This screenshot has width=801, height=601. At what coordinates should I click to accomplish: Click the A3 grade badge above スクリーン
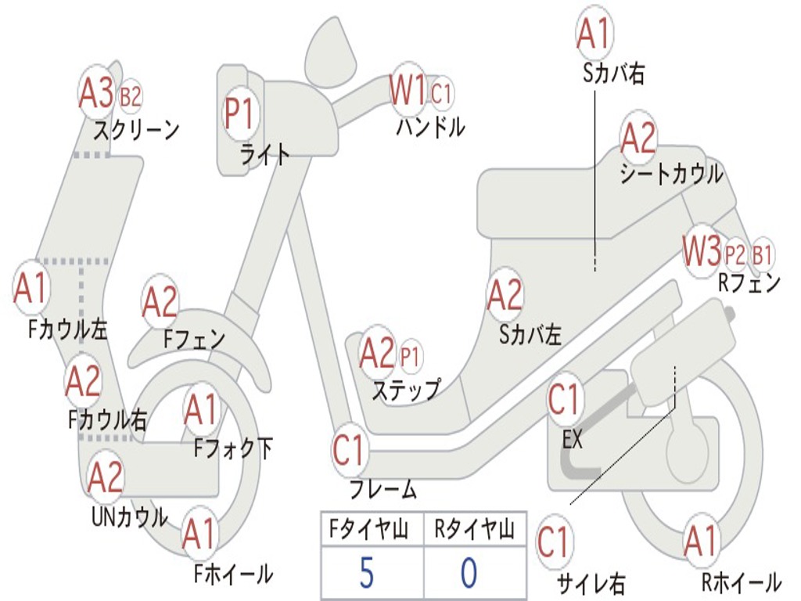pyautogui.click(x=97, y=93)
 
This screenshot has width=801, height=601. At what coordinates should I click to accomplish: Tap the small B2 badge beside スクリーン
pyautogui.click(x=131, y=97)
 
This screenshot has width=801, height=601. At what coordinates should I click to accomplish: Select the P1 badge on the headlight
pyautogui.click(x=239, y=113)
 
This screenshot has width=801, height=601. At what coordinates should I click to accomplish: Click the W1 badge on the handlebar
pyautogui.click(x=408, y=90)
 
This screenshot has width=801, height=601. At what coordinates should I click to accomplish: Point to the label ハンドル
pyautogui.click(x=429, y=126)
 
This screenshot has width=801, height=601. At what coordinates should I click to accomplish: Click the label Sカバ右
pyautogui.click(x=613, y=74)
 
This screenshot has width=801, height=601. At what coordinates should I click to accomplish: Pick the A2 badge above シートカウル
pyautogui.click(x=638, y=139)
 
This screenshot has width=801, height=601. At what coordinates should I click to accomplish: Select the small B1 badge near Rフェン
pyautogui.click(x=762, y=254)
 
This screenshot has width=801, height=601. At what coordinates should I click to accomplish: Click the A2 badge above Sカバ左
pyautogui.click(x=505, y=295)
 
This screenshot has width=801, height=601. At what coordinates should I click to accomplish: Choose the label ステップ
pyautogui.click(x=405, y=389)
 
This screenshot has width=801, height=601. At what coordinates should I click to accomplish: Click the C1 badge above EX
pyautogui.click(x=566, y=399)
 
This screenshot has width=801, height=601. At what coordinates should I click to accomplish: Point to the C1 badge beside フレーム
pyautogui.click(x=350, y=450)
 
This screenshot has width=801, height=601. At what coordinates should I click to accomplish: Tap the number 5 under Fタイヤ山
pyautogui.click(x=366, y=573)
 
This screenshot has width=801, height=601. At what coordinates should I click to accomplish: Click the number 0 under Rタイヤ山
pyautogui.click(x=468, y=573)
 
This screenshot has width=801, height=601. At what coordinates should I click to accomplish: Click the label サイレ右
pyautogui.click(x=591, y=583)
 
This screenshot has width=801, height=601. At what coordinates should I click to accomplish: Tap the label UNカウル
pyautogui.click(x=130, y=517)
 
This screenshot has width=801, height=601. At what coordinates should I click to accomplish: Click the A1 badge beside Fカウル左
pyautogui.click(x=31, y=288)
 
